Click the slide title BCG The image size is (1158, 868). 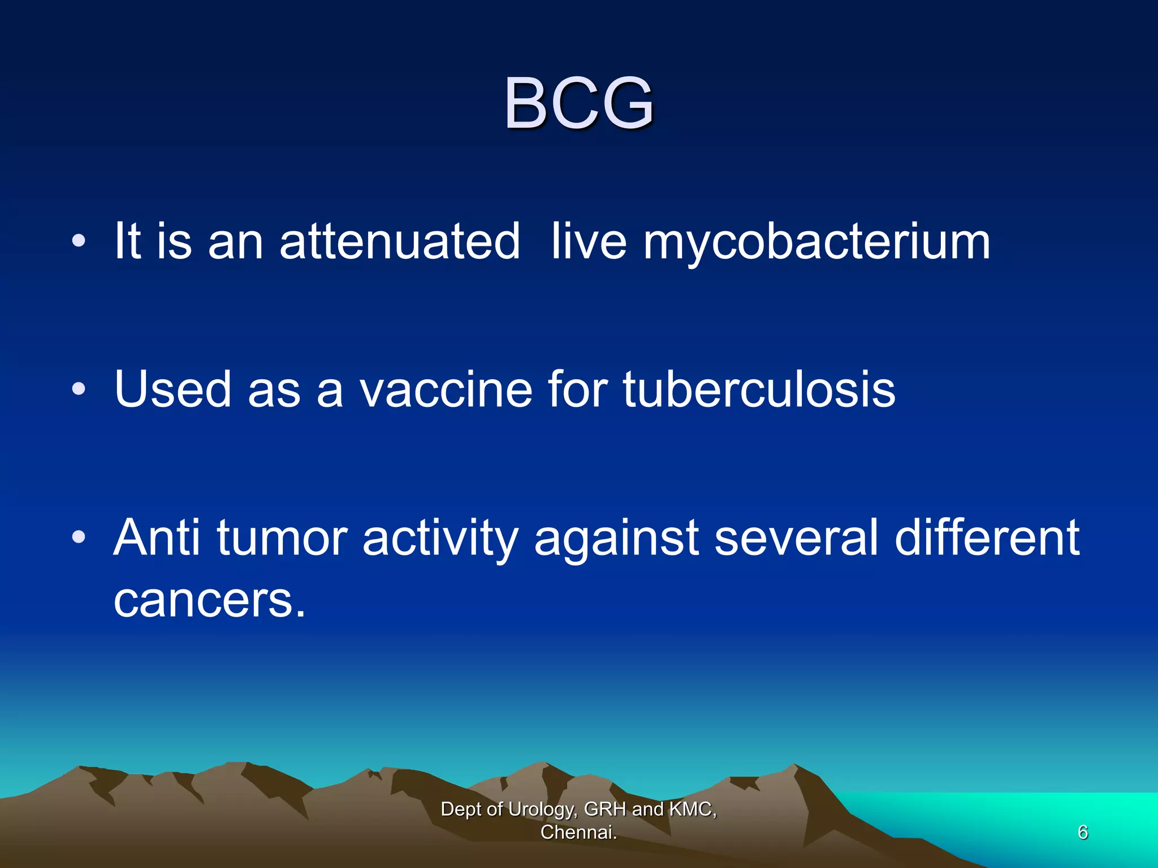[x=578, y=103]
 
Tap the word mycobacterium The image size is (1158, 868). [x=816, y=243]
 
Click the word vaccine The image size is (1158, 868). [x=446, y=389]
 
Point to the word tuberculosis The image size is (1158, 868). [x=759, y=389]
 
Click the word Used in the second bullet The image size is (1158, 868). [x=172, y=389]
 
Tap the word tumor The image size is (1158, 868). [x=282, y=539]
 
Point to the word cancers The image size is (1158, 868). [x=209, y=600]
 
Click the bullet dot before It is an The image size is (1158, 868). [x=79, y=242]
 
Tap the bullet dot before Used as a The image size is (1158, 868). [x=79, y=389]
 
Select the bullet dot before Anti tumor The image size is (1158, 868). [x=79, y=537]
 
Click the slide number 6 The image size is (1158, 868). [x=1082, y=832]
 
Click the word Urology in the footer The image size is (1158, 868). [x=542, y=810]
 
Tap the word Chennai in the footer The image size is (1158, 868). [x=577, y=832]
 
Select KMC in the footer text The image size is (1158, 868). [x=693, y=809]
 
